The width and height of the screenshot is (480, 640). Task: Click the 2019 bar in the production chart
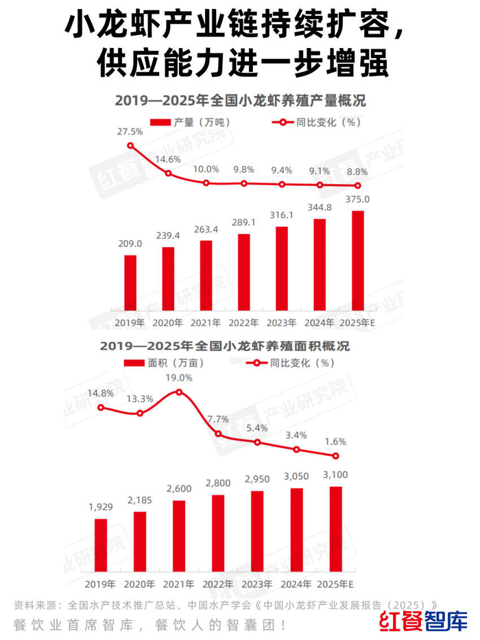tap(130, 283)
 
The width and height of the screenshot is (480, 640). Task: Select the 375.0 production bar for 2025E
tap(357, 261)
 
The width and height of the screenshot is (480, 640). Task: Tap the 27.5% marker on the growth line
tap(130, 145)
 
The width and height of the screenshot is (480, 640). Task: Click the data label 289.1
tap(243, 222)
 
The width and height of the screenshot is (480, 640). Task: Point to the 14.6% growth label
tap(168, 160)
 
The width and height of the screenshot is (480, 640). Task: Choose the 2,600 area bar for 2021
tap(179, 536)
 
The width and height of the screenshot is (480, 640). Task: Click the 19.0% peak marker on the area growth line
tap(179, 392)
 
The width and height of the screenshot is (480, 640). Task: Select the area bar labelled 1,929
tap(101, 545)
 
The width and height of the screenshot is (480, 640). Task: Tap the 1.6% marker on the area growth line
tap(335, 456)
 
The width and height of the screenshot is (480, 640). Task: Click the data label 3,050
tap(296, 476)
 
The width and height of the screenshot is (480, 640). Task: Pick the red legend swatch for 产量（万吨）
tap(160, 123)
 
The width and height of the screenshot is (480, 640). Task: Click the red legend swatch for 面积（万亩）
tap(134, 363)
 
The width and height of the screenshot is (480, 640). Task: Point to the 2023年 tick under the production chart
tap(282, 323)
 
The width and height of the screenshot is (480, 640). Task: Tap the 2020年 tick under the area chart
tap(140, 584)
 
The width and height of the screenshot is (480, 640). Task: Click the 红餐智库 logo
tap(423, 621)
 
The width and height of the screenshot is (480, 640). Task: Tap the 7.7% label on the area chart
tap(218, 419)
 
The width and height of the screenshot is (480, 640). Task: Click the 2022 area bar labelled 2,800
tap(218, 534)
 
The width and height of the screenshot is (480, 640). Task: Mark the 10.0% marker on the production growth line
tap(206, 183)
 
